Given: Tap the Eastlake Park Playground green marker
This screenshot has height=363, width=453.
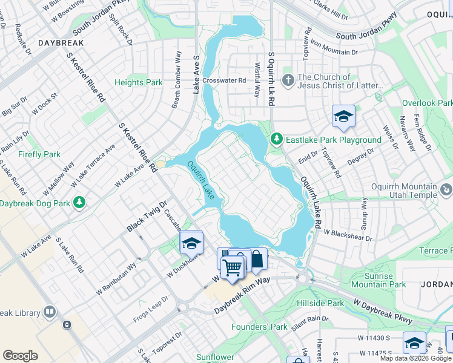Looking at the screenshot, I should tap(277, 139).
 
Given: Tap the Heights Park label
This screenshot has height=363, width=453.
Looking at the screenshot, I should tap(138, 82).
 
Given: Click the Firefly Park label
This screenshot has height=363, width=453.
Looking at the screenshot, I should tap(39, 154).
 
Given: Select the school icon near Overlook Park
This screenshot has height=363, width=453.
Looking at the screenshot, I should tap(343, 116).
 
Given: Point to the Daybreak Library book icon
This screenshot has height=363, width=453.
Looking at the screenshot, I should tap(50, 312).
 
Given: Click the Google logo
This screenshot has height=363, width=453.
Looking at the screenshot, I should tap(20, 356).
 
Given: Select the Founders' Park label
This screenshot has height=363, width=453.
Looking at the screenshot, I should tap(259, 327).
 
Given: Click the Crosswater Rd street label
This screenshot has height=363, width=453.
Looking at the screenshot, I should tap(225, 80).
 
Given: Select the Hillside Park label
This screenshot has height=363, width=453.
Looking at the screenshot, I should tap(320, 303).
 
